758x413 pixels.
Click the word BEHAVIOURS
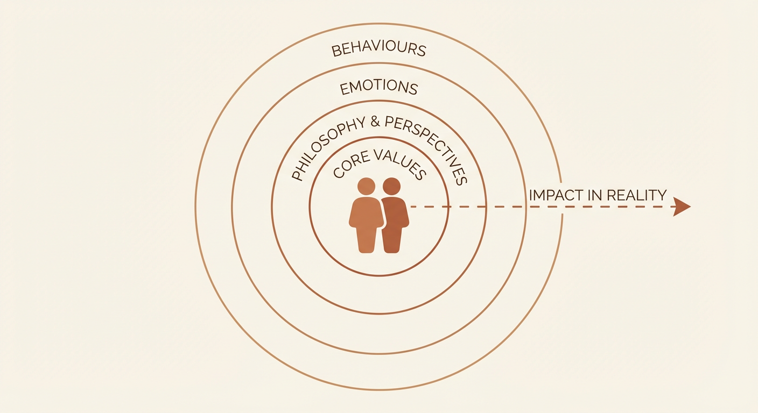[378, 49]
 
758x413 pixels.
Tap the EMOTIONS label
[378, 88]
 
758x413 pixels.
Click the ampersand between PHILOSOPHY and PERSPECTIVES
[375, 122]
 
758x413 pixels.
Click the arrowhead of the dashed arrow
[682, 206]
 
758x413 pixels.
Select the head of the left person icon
[366, 187]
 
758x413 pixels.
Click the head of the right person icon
[391, 187]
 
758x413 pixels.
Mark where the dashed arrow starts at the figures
[411, 206]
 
